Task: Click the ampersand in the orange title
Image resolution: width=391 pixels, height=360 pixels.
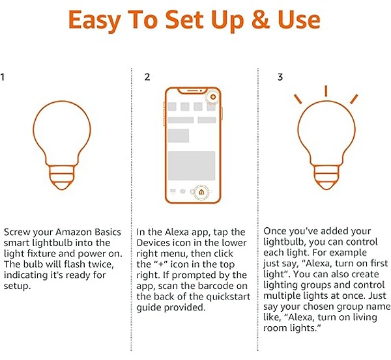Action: [261, 20]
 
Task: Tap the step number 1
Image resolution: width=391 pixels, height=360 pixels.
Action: [2, 77]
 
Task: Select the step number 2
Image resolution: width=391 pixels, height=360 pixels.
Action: [147, 77]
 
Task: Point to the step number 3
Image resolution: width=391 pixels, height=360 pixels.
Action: [280, 77]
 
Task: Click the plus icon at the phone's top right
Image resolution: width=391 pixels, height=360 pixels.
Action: [213, 97]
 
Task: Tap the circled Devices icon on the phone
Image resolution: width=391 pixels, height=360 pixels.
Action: [201, 192]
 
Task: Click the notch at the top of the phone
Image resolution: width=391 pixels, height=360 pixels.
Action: [192, 90]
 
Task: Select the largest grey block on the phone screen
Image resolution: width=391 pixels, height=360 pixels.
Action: [192, 165]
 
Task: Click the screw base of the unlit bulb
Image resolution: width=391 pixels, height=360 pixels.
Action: [62, 177]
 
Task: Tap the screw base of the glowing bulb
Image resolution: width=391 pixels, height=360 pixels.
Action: [326, 177]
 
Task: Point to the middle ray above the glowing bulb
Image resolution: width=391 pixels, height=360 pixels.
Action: [326, 91]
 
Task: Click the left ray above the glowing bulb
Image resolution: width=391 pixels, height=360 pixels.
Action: [298, 99]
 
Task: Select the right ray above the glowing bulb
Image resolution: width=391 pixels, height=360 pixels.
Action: [354, 99]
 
